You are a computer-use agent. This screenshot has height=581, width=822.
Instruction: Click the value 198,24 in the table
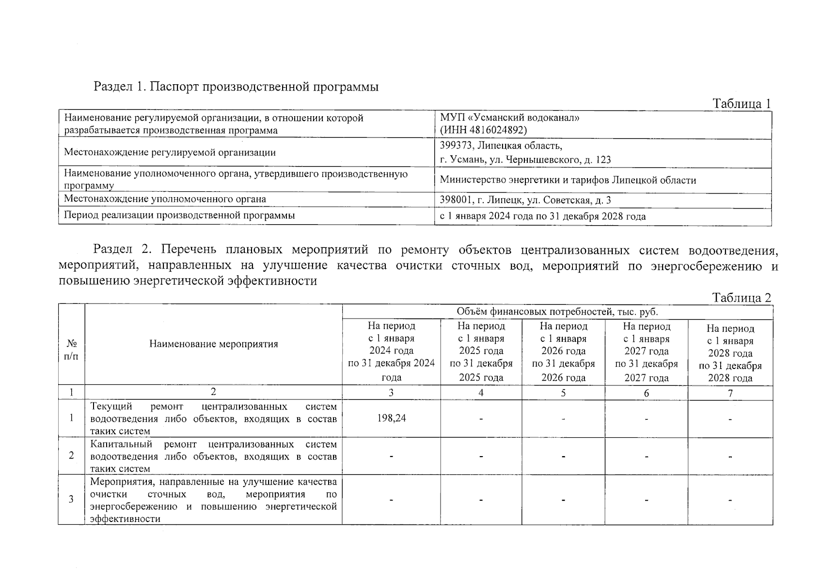tap(391, 418)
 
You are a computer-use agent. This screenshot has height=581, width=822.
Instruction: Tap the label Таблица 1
tap(741, 104)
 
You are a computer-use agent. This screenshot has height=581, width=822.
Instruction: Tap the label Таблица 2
tap(741, 298)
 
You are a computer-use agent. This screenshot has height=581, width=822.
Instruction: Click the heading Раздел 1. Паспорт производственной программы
tap(236, 87)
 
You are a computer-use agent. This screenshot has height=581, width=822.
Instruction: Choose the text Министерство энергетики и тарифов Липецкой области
tap(568, 180)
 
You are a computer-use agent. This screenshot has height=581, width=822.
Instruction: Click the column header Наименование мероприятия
tap(213, 344)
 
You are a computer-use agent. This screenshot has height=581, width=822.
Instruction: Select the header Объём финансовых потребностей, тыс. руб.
tap(557, 312)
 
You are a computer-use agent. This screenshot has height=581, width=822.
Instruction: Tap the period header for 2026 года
tap(563, 352)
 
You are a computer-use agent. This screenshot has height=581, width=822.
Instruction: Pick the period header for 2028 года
tap(730, 353)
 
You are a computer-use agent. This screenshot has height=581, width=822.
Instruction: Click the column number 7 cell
tap(730, 393)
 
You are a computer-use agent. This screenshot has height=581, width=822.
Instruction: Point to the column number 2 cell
tap(213, 392)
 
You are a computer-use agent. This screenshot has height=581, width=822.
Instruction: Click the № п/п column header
tap(71, 350)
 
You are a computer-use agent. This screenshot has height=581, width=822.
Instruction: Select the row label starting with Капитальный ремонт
tap(213, 456)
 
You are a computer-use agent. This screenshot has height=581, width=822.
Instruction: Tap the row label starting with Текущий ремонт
tap(213, 418)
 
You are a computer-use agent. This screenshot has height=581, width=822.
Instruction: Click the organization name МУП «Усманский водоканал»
tap(509, 118)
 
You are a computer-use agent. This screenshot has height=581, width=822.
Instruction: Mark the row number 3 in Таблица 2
tap(71, 499)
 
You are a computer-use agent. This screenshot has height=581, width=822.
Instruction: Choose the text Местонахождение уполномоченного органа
tap(165, 199)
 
